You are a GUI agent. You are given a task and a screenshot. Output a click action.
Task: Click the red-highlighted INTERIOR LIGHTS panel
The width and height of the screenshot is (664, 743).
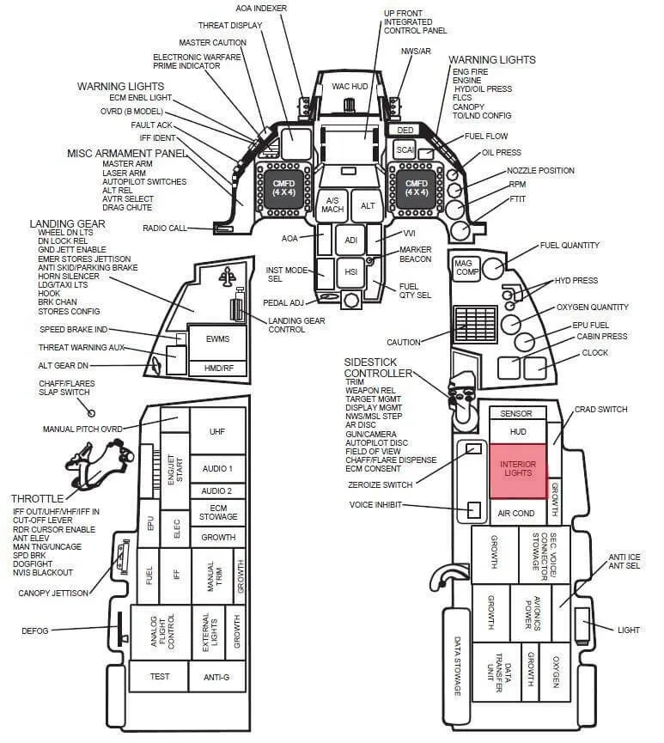pyautogui.click(x=518, y=471)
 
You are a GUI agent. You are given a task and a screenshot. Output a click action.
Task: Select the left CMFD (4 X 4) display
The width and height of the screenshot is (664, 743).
pyautogui.click(x=283, y=188)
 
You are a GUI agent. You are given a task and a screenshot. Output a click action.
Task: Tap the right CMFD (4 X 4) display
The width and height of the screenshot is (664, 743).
pyautogui.click(x=416, y=188)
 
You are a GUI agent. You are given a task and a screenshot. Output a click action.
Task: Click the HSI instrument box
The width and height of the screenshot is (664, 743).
pyautogui.click(x=350, y=272)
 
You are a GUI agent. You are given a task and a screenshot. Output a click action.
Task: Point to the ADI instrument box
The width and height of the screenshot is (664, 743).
pyautogui.click(x=350, y=241)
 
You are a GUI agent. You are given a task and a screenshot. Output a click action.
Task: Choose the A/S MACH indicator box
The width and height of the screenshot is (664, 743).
pyautogui.click(x=332, y=205)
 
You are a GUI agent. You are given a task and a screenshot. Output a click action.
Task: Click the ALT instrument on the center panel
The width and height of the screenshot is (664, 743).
pyautogui.click(x=368, y=205)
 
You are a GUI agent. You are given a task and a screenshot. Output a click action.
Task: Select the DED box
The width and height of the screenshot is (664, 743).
pyautogui.click(x=405, y=130)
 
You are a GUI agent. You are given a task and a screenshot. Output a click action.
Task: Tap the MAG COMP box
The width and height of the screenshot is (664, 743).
pyautogui.click(x=465, y=268)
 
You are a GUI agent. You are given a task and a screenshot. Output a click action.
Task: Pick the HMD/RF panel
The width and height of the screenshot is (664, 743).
pyautogui.click(x=217, y=368)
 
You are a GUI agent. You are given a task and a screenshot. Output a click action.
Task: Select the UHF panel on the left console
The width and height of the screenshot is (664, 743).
pyautogui.click(x=217, y=431)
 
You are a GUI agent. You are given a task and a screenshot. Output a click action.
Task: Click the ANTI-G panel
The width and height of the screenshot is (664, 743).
pyautogui.click(x=216, y=677)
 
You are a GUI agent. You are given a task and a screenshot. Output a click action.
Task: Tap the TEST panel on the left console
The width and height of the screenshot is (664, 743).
pyautogui.click(x=159, y=676)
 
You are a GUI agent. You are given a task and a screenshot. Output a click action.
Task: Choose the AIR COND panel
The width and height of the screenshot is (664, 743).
pyautogui.click(x=516, y=513)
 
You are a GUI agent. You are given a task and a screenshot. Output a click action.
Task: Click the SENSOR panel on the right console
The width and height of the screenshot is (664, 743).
pyautogui.click(x=516, y=413)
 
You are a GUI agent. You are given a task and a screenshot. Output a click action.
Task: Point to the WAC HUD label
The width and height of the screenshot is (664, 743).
pyautogui.click(x=350, y=86)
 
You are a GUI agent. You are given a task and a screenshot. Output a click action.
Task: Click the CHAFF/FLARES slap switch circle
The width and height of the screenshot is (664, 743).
pyautogui.click(x=91, y=413)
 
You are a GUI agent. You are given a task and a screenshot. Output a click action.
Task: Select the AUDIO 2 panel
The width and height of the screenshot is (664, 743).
pyautogui.click(x=216, y=491)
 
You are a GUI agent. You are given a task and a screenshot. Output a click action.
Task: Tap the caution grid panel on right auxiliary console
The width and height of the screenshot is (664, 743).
pyautogui.click(x=475, y=325)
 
